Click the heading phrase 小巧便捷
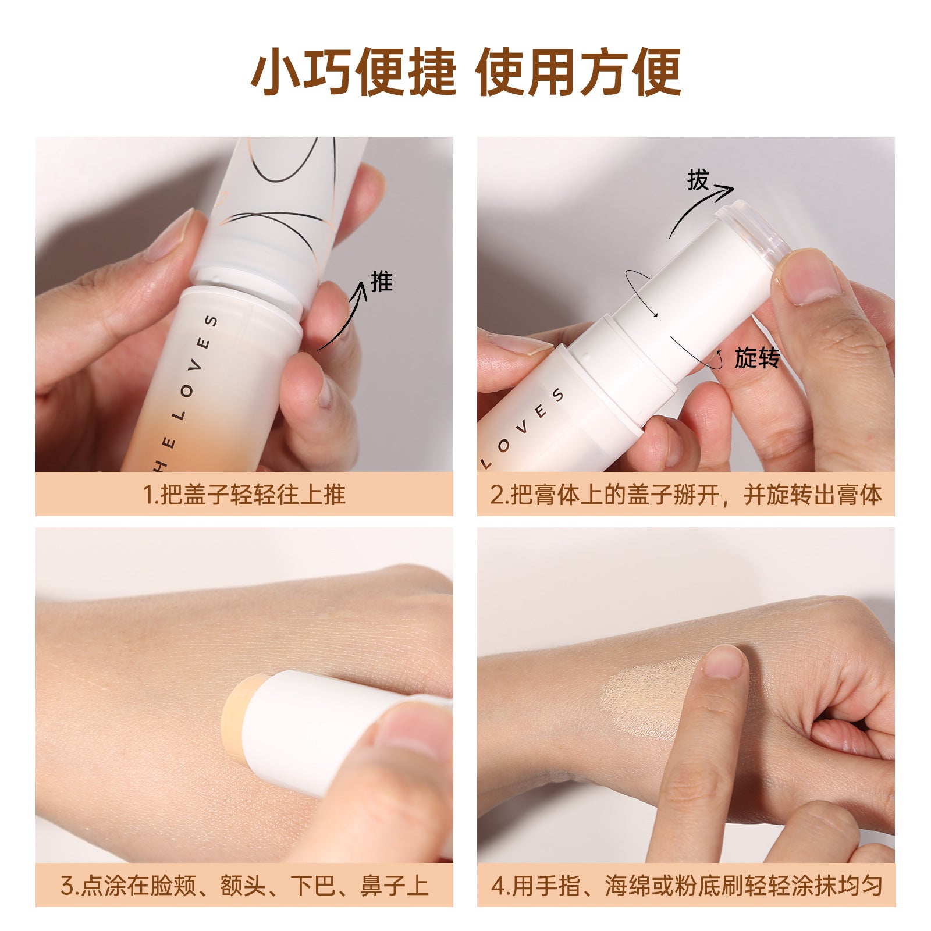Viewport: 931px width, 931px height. point(353,72)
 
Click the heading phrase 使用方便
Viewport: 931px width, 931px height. point(578,72)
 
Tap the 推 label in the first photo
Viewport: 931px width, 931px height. point(382,282)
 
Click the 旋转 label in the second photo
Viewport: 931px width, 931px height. point(756,358)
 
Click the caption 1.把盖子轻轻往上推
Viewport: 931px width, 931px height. point(244,495)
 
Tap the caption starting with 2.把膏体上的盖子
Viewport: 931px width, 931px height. point(686,495)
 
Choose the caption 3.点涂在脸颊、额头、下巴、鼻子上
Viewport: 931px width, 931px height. point(244,886)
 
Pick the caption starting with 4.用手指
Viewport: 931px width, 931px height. point(686,886)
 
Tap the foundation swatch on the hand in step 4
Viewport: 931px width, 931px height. point(652,701)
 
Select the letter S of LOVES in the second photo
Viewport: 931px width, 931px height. point(558,395)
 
